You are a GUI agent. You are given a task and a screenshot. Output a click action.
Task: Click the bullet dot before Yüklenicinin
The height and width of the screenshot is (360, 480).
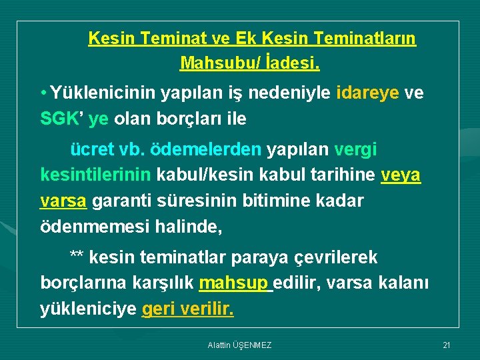[x=43, y=93]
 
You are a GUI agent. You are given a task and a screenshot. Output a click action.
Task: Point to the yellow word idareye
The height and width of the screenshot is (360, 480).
[x=369, y=93]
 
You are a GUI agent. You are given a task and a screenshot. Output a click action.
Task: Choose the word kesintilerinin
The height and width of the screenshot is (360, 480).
[x=97, y=175]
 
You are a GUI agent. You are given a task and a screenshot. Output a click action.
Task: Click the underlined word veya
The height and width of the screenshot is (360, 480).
[x=400, y=175]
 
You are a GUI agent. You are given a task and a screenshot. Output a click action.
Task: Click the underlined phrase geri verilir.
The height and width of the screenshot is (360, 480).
[x=188, y=309]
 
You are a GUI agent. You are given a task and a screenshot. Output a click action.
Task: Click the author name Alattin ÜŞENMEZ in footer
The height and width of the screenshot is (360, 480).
[x=239, y=345]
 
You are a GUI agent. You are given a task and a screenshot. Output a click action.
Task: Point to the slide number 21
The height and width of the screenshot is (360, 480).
[x=447, y=345]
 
